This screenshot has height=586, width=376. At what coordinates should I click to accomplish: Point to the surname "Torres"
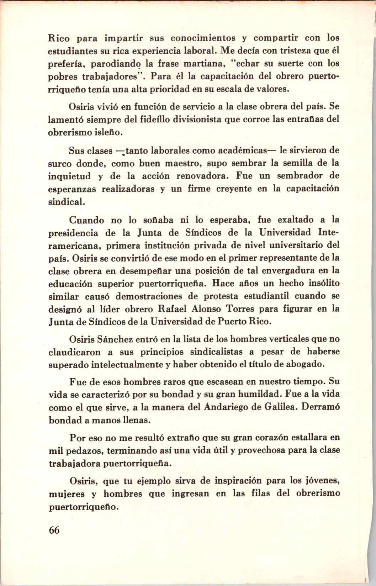[x=247, y=309]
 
